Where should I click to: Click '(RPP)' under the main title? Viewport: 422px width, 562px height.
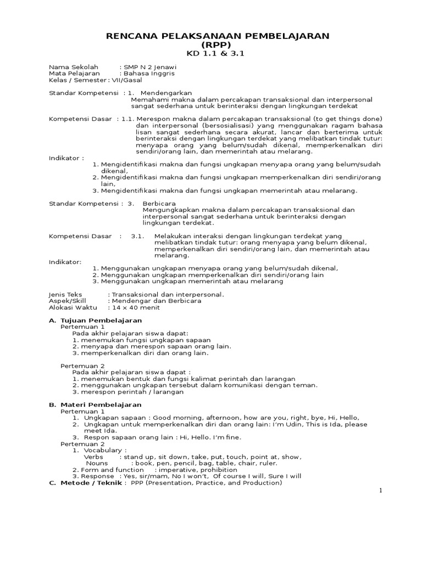click(x=216, y=44)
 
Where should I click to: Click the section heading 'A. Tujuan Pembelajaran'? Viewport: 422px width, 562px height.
click(x=96, y=320)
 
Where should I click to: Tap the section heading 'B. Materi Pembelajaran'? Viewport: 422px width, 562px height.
click(x=96, y=404)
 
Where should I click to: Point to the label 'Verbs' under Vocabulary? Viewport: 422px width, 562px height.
click(x=93, y=457)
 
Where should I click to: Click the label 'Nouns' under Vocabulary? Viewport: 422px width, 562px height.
click(x=97, y=463)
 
